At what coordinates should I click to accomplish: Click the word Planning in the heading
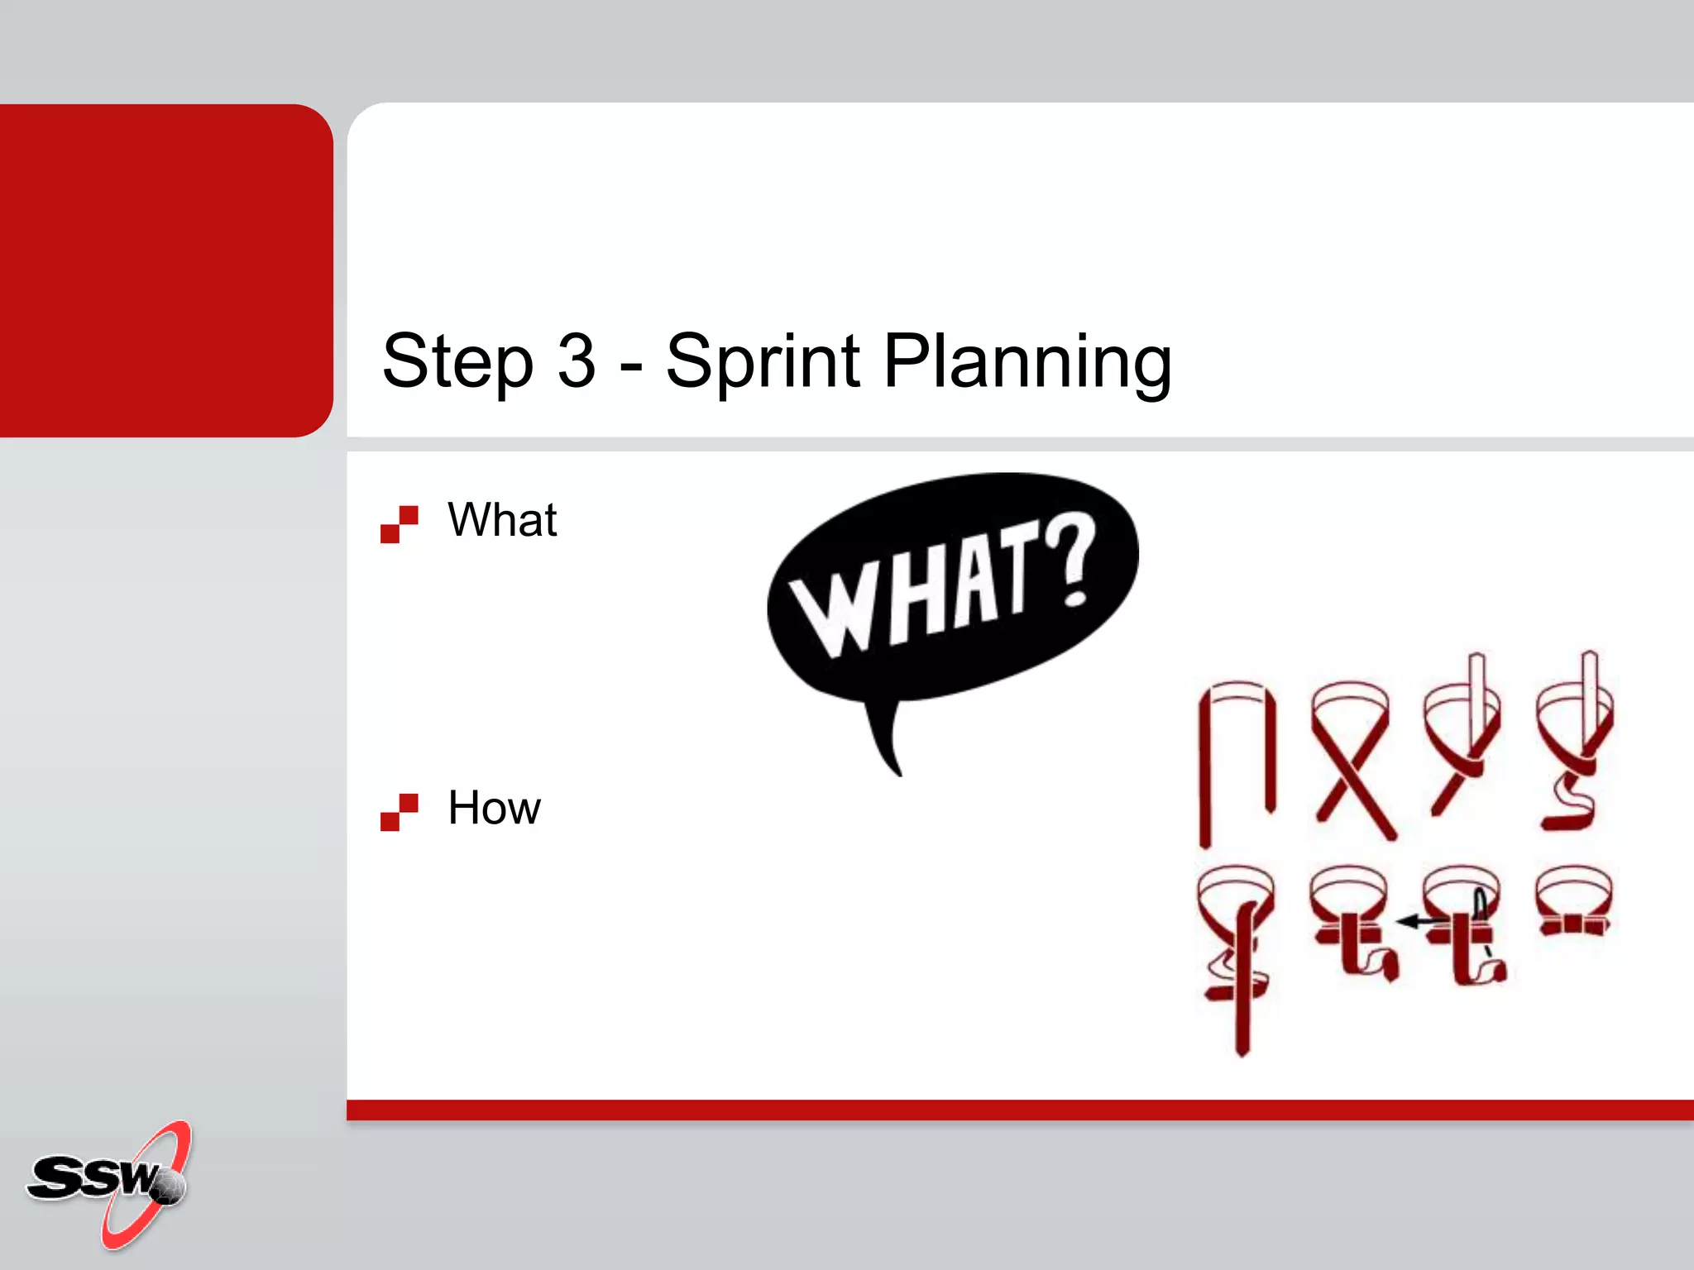[x=1027, y=361]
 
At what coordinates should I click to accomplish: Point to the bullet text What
[x=502, y=520]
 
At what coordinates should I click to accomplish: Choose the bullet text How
[x=494, y=808]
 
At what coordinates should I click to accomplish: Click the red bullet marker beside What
[x=400, y=524]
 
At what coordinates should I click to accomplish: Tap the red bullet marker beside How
[x=400, y=812]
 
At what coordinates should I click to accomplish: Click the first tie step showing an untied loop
[x=1237, y=761]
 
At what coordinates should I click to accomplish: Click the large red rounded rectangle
[x=165, y=270]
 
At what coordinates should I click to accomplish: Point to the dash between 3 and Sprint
[x=630, y=365]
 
